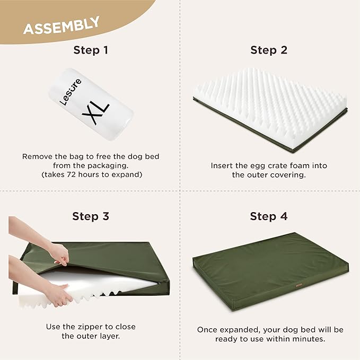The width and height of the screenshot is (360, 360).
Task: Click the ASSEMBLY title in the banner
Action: click(61, 25)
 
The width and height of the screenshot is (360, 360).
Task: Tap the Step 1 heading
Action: click(90, 50)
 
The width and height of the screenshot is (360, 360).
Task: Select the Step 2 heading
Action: click(269, 50)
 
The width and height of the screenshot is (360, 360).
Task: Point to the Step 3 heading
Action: click(90, 216)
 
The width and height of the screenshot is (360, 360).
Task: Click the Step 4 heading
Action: click(269, 216)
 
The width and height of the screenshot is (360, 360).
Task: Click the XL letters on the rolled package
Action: click(95, 110)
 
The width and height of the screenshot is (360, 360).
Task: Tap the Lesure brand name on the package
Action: click(71, 91)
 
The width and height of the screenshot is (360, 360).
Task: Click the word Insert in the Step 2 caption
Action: click(222, 166)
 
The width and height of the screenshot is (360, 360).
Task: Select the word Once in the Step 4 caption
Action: click(207, 330)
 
